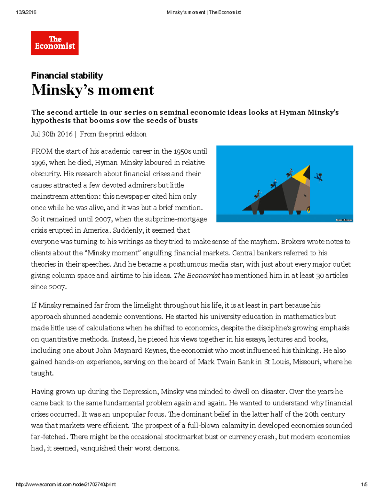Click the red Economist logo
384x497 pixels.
pos(55,43)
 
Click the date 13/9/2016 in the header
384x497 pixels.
pos(26,12)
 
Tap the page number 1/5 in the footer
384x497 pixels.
pos(364,485)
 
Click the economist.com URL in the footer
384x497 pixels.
pos(66,485)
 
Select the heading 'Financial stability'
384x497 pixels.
pos(67,76)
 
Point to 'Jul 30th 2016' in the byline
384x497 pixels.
pos(52,134)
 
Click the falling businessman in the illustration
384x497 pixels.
pos(318,177)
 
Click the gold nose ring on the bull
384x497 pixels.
pos(308,210)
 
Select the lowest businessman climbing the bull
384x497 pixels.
pos(258,194)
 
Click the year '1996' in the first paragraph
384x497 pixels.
pos(38,163)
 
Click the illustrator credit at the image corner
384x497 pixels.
pos(344,220)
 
